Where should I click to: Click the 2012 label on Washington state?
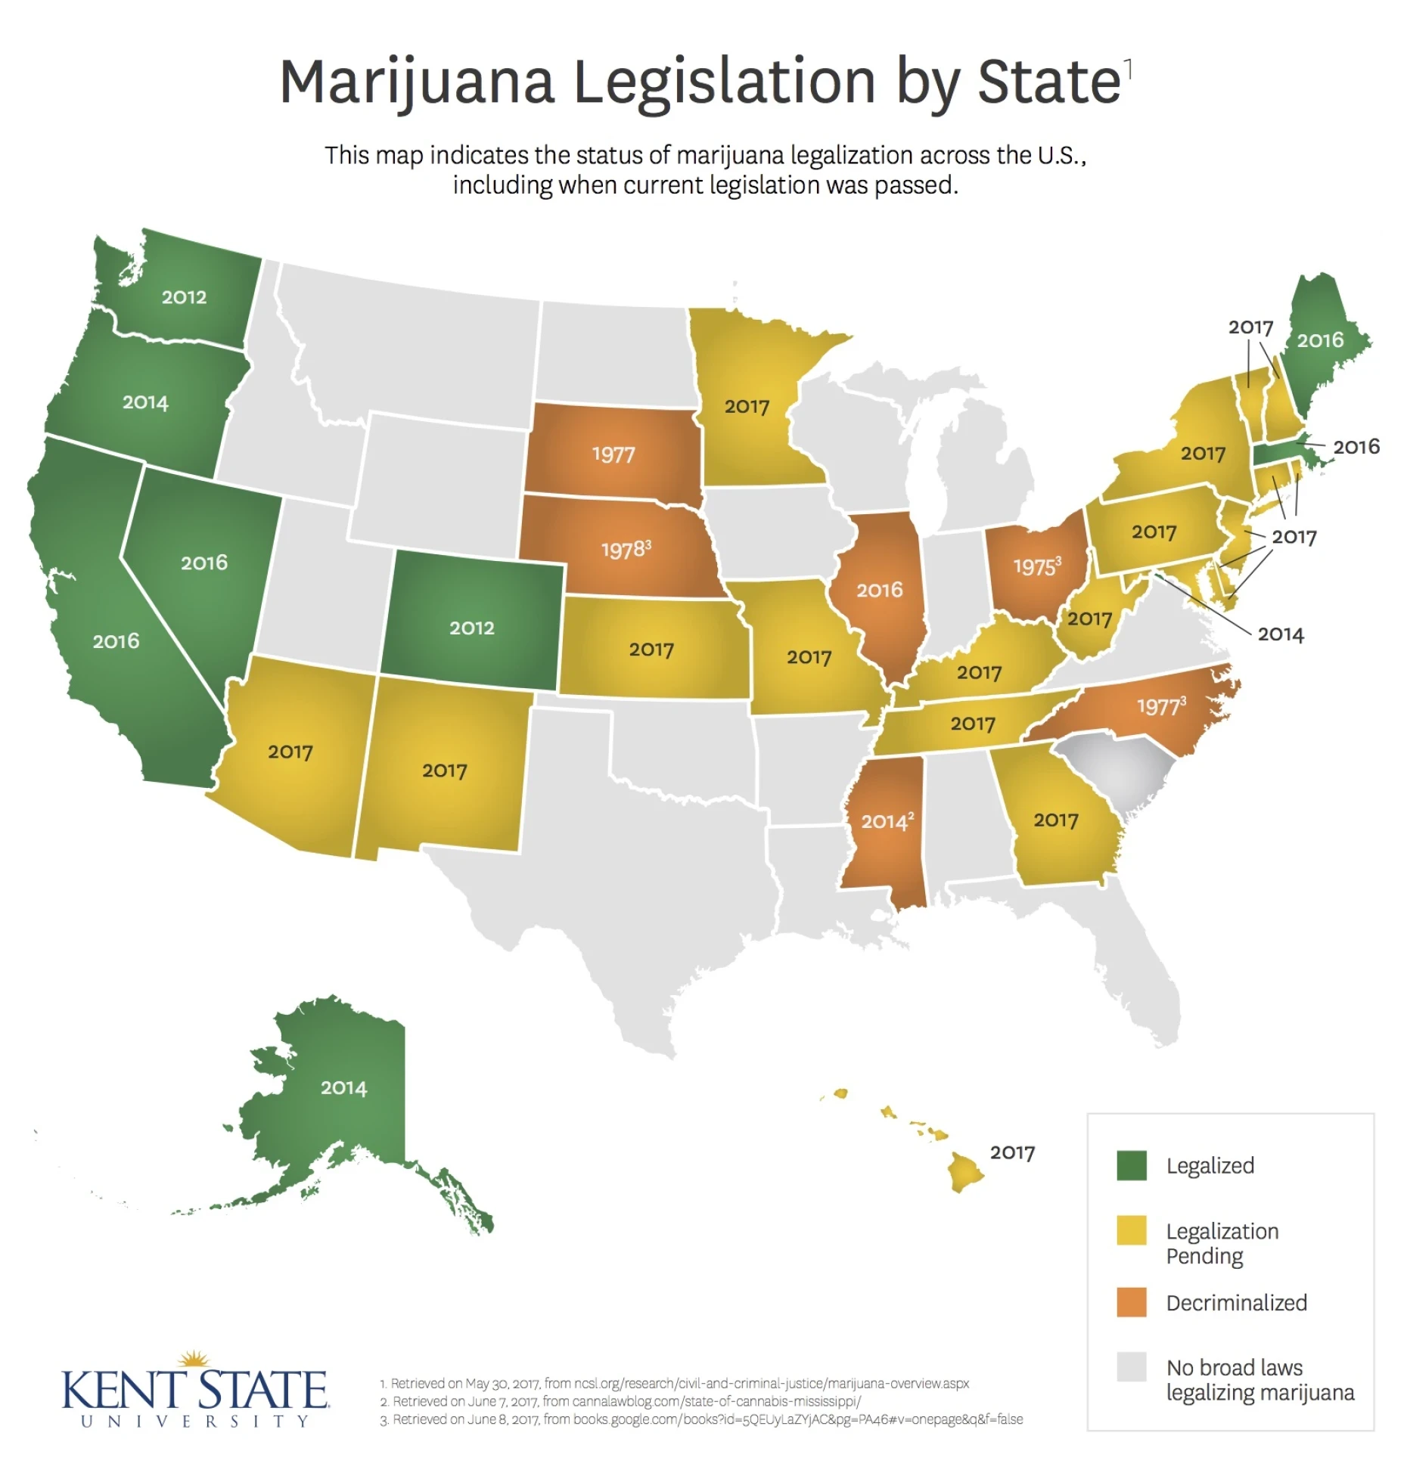click(184, 297)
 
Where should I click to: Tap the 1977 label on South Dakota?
click(613, 454)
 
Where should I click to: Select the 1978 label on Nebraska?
click(625, 550)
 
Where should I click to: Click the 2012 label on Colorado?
click(471, 628)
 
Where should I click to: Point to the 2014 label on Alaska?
click(343, 1088)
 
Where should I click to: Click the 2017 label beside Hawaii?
click(1012, 1152)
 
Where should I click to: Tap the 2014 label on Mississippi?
click(887, 821)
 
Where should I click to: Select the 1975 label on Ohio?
click(1036, 566)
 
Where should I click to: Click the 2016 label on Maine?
click(1320, 340)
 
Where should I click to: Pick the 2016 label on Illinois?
click(879, 590)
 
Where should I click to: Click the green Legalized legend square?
click(1131, 1165)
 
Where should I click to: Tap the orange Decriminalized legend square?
click(1131, 1302)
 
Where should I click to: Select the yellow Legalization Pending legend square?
click(1131, 1230)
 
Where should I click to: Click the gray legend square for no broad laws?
click(1131, 1366)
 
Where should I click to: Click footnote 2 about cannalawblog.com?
click(620, 1401)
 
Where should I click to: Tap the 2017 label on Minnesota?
click(747, 407)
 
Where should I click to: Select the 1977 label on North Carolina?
click(1160, 707)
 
